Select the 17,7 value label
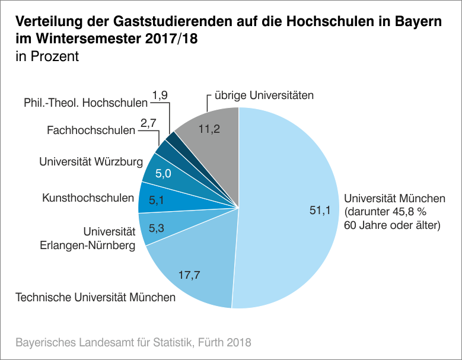[189, 275]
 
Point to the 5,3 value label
[156, 227]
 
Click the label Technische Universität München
[95, 297]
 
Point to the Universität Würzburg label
[91, 161]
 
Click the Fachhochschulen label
[91, 130]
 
